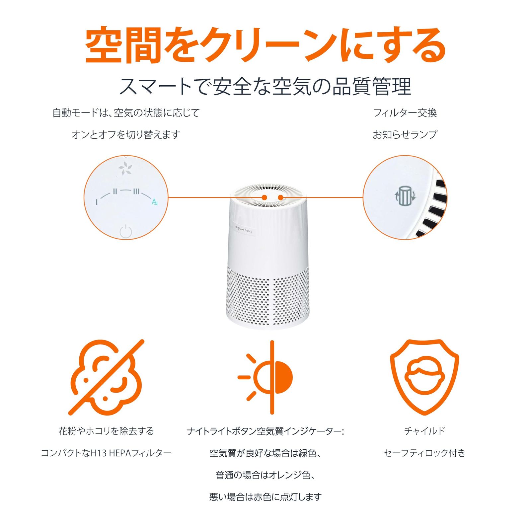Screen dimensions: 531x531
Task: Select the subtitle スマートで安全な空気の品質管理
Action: click(265, 86)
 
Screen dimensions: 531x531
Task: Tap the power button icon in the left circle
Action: click(126, 231)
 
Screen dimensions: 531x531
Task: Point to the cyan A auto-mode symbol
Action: click(154, 202)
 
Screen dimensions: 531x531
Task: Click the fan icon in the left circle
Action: click(125, 169)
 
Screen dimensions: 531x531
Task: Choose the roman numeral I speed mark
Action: click(97, 202)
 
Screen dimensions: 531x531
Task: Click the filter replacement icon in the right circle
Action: click(404, 196)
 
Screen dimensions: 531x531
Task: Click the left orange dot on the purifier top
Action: click(265, 197)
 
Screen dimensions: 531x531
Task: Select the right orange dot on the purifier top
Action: click(280, 197)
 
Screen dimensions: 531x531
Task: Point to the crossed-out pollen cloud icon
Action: click(107, 377)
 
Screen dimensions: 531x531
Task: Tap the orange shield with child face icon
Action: click(424, 377)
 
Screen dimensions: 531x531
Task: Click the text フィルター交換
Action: click(405, 113)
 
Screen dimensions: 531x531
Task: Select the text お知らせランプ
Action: click(405, 134)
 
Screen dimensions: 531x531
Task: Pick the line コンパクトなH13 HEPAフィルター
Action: click(106, 453)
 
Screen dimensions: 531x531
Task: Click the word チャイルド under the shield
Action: click(424, 431)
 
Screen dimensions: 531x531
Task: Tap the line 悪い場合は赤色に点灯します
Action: click(265, 497)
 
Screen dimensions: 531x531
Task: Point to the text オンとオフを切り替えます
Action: click(126, 134)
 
